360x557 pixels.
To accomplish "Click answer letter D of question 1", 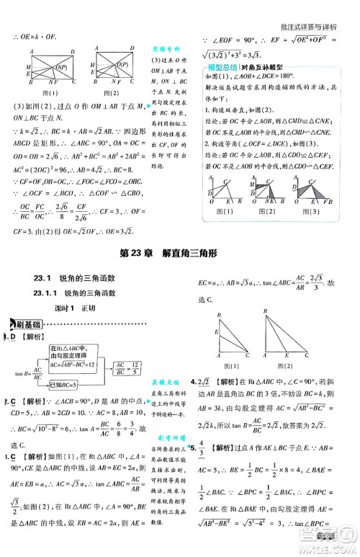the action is (12, 337).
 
